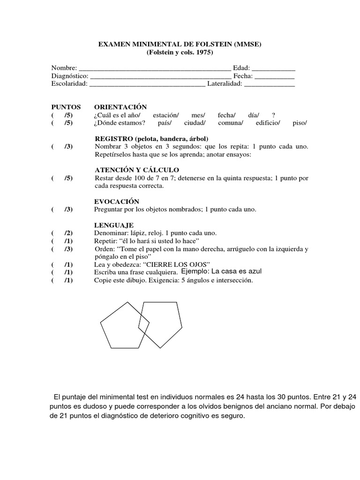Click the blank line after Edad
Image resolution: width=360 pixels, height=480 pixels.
[274, 68]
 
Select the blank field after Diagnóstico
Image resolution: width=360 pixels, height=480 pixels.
[160, 76]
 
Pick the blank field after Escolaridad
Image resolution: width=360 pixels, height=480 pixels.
[147, 84]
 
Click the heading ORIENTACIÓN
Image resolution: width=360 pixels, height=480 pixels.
[120, 107]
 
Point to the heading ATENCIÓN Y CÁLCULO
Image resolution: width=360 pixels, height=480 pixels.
[136, 170]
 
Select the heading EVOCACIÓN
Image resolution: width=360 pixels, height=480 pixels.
[117, 201]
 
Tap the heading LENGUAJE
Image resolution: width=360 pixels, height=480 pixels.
[114, 225]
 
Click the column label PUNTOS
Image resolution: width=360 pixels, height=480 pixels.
[66, 107]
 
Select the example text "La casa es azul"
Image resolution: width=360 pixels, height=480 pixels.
[236, 271]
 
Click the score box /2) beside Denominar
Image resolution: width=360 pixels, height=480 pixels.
[68, 233]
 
